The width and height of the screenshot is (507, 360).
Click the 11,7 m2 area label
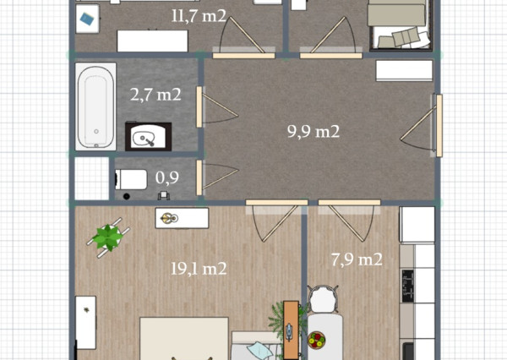[199, 15]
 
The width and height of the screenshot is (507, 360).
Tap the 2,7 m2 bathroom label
[155, 95]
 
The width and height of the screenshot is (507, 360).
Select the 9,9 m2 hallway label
[313, 131]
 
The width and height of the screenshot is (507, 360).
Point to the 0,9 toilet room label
[166, 177]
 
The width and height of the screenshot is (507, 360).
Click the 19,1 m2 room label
[199, 269]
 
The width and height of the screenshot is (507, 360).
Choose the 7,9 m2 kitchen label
[357, 259]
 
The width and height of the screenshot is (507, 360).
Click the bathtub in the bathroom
[95, 106]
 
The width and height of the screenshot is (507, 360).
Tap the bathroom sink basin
[148, 137]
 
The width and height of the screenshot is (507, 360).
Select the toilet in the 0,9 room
[131, 179]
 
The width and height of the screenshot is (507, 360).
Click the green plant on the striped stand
[108, 237]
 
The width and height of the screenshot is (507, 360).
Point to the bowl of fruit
[316, 340]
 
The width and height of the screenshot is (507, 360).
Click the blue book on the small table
[87, 19]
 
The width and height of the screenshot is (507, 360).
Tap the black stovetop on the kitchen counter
[408, 286]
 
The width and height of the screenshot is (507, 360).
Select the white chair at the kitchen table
[323, 299]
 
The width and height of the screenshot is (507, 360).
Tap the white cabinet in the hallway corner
[404, 70]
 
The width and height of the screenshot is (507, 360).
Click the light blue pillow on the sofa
[259, 351]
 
